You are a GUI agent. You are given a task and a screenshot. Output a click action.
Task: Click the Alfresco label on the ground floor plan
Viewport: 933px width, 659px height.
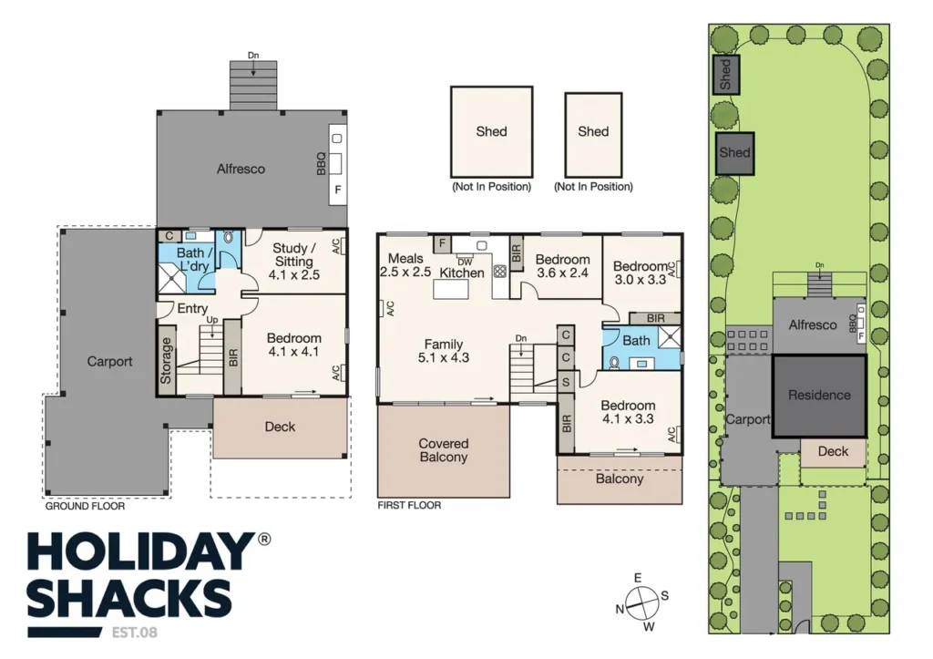(241, 169)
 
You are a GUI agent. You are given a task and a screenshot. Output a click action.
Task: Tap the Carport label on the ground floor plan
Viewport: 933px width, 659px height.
(109, 361)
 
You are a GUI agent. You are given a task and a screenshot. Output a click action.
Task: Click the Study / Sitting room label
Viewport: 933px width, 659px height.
(294, 262)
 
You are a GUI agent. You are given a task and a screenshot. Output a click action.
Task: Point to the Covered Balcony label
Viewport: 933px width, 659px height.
(444, 450)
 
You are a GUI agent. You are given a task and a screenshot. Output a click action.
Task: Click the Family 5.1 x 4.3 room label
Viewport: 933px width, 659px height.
(444, 351)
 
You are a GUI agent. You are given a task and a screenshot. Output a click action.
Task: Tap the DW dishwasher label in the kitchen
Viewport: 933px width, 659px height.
(465, 262)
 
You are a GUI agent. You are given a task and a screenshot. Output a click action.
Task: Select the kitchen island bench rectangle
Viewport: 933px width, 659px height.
(451, 289)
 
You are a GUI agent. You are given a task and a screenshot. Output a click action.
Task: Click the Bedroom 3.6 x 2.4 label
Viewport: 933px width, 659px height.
(562, 266)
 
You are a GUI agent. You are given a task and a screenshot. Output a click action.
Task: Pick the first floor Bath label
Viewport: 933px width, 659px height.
(636, 341)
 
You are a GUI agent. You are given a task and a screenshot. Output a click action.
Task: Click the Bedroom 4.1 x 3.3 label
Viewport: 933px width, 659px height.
(628, 412)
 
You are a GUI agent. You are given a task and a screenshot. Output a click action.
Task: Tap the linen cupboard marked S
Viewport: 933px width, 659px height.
(566, 382)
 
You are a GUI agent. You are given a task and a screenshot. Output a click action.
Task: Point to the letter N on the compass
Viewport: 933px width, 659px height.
(620, 609)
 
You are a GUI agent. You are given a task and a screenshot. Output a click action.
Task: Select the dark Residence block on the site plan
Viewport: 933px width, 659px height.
(819, 396)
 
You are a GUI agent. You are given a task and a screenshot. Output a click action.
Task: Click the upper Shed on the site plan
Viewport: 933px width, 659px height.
(726, 75)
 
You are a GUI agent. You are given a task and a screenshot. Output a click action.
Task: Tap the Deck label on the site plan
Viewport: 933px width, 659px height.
(833, 451)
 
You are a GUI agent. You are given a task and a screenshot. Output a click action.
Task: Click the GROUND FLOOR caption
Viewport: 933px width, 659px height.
(85, 506)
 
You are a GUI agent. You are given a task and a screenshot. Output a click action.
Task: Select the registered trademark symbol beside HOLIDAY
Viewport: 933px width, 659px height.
(263, 539)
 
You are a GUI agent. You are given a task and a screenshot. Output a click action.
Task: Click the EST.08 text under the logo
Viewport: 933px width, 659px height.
(135, 633)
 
